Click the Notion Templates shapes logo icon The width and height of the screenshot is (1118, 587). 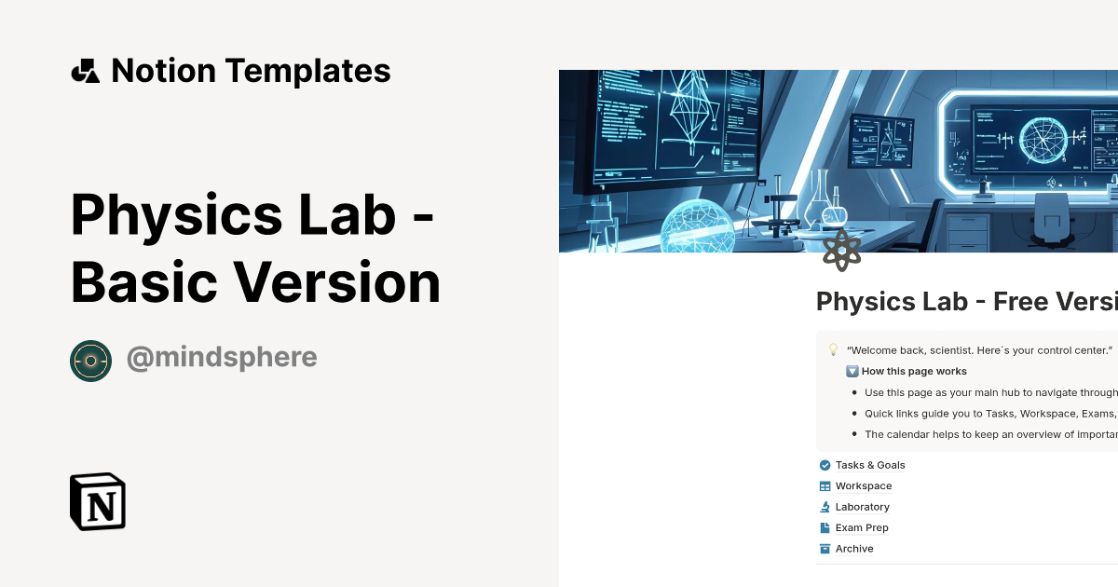click(85, 71)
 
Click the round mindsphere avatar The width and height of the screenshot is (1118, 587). click(90, 361)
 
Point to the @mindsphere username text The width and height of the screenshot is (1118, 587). click(222, 357)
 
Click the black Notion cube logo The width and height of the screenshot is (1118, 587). click(98, 501)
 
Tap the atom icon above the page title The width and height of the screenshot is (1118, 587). click(841, 250)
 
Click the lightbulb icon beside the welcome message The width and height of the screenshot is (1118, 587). click(833, 349)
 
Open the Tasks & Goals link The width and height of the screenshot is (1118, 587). click(870, 465)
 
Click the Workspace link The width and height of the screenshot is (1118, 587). click(864, 485)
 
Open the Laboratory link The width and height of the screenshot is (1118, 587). click(862, 507)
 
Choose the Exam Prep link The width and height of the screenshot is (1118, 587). click(862, 527)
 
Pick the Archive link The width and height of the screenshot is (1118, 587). click(854, 549)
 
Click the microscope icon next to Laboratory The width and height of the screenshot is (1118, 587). click(825, 507)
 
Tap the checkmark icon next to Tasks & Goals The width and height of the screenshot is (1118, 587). click(825, 465)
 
